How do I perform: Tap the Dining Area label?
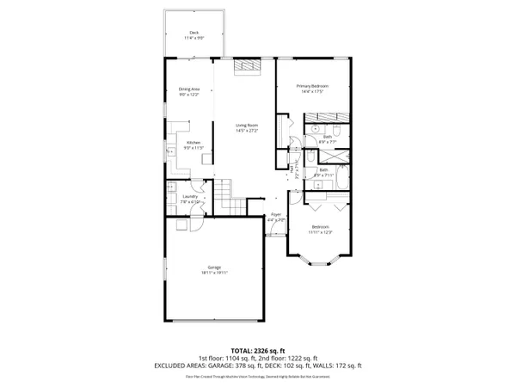click(x=189, y=89)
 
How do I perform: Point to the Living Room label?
click(x=248, y=126)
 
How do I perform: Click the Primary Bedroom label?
click(x=314, y=85)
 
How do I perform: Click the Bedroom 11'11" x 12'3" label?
click(x=319, y=226)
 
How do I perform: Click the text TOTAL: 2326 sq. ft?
click(x=257, y=350)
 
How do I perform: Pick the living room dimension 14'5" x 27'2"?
click(x=248, y=131)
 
